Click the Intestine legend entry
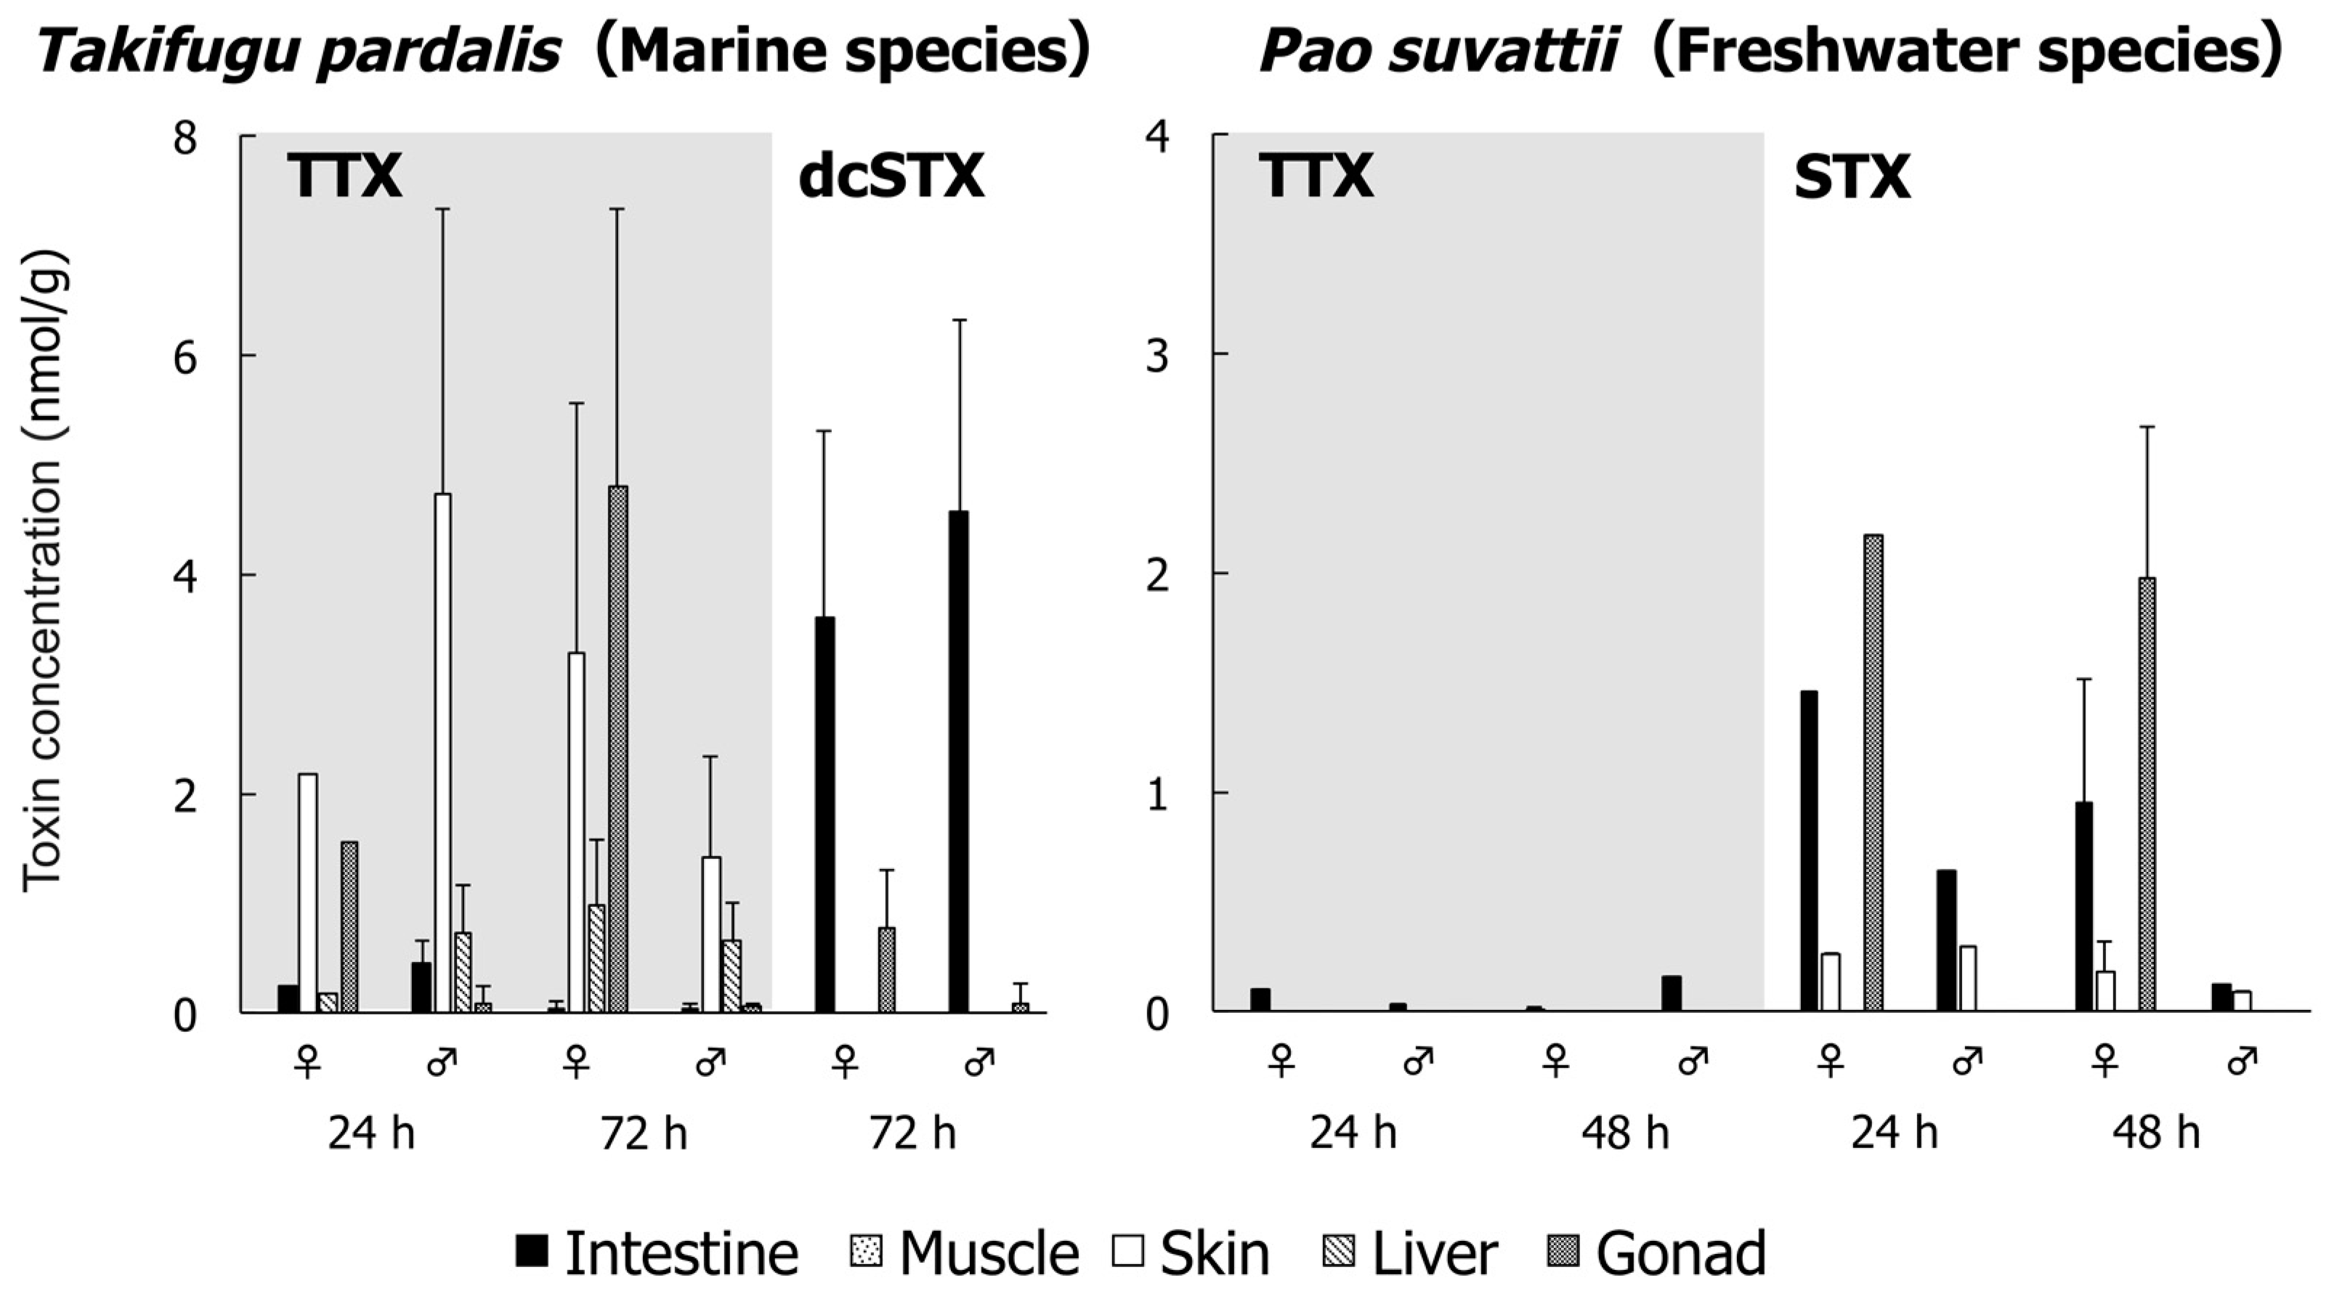tap(657, 1253)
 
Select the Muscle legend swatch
tap(866, 1252)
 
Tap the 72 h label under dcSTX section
tap(912, 1133)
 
